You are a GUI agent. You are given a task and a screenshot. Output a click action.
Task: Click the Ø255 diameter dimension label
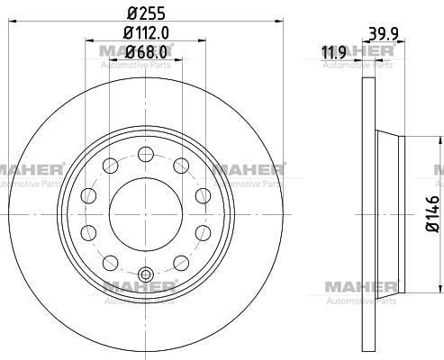146,13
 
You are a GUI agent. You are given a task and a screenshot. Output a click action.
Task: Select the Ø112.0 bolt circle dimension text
146,32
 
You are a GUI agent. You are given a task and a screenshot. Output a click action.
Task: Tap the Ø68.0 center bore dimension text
146,52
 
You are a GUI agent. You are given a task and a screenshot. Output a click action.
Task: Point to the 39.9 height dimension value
384,33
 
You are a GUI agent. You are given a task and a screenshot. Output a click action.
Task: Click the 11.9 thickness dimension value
334,52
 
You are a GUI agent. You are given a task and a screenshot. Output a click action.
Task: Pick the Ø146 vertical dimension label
433,213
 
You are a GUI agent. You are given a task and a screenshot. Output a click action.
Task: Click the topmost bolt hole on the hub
146,155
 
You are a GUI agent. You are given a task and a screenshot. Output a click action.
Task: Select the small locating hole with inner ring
146,274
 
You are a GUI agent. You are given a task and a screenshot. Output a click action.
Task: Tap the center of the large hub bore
146,214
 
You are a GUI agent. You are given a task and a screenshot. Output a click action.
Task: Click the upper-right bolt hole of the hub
181,166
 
